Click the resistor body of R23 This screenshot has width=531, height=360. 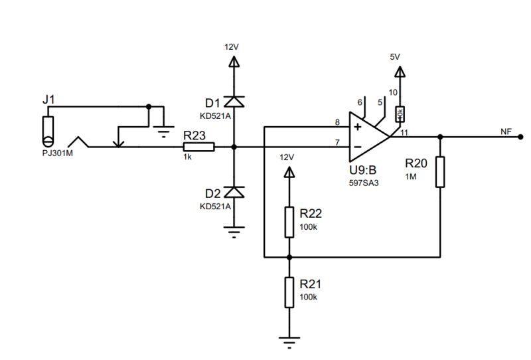click(x=199, y=147)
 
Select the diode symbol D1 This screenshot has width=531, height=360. click(x=234, y=102)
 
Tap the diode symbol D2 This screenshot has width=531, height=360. click(x=234, y=193)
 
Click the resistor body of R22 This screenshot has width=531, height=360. click(x=289, y=222)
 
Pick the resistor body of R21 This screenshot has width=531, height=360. click(x=289, y=292)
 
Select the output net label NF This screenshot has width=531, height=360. click(x=506, y=132)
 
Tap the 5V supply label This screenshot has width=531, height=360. click(x=396, y=57)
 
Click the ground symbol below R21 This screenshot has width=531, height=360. click(x=289, y=342)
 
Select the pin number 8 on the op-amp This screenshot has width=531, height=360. click(x=337, y=122)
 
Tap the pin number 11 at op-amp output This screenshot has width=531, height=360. click(x=404, y=132)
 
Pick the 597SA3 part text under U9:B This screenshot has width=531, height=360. click(x=364, y=183)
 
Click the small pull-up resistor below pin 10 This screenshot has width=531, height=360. click(x=400, y=114)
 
